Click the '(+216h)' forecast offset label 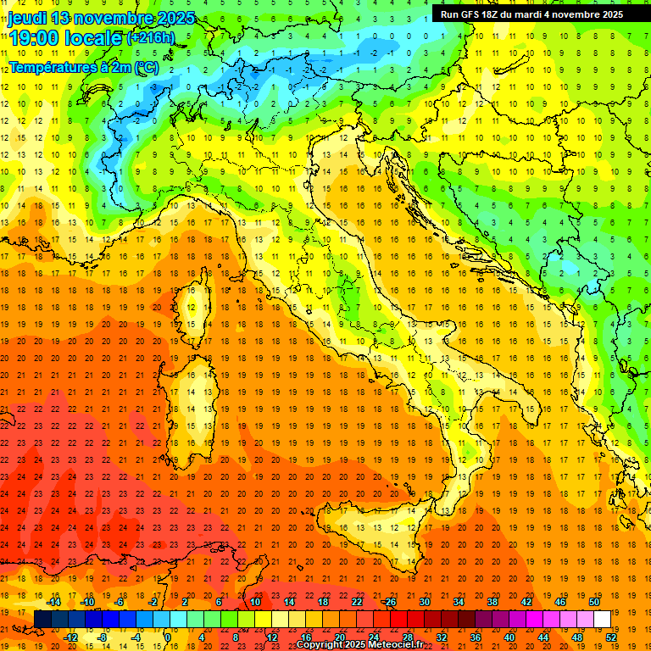[x=150, y=37]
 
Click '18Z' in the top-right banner [x=492, y=14]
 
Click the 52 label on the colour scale [x=611, y=637]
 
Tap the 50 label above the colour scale [x=594, y=602]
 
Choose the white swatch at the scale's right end [x=603, y=620]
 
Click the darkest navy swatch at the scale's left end [x=43, y=620]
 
